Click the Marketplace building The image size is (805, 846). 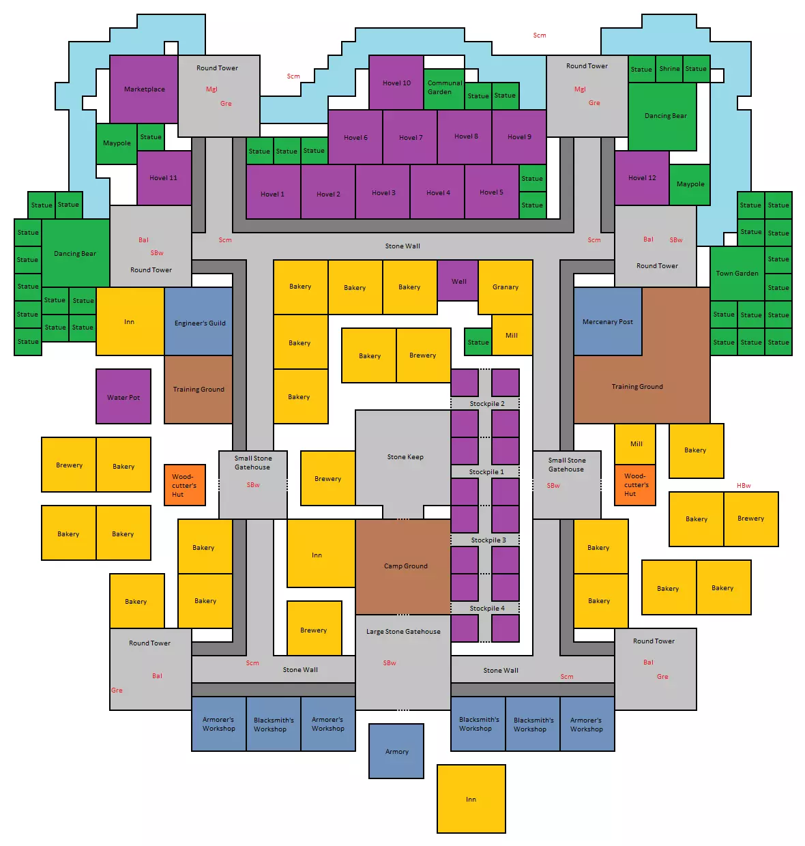[x=144, y=89]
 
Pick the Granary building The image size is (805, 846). [x=505, y=287]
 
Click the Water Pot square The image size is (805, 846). [x=123, y=396]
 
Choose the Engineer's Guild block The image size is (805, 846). [x=199, y=321]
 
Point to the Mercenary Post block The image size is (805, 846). [x=607, y=321]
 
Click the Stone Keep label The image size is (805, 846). [x=405, y=456]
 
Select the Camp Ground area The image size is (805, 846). [x=402, y=566]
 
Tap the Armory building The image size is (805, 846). [x=396, y=751]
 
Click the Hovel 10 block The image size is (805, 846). [x=396, y=82]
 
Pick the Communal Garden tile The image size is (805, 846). [x=444, y=89]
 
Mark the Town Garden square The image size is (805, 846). [x=737, y=274]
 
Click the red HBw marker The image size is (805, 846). [x=743, y=485]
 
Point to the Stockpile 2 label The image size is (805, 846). [x=486, y=404]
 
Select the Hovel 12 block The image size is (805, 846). [x=641, y=177]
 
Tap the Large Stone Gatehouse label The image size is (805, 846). [x=403, y=631]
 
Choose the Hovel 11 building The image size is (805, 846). [x=164, y=177]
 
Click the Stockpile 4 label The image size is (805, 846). [x=486, y=608]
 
